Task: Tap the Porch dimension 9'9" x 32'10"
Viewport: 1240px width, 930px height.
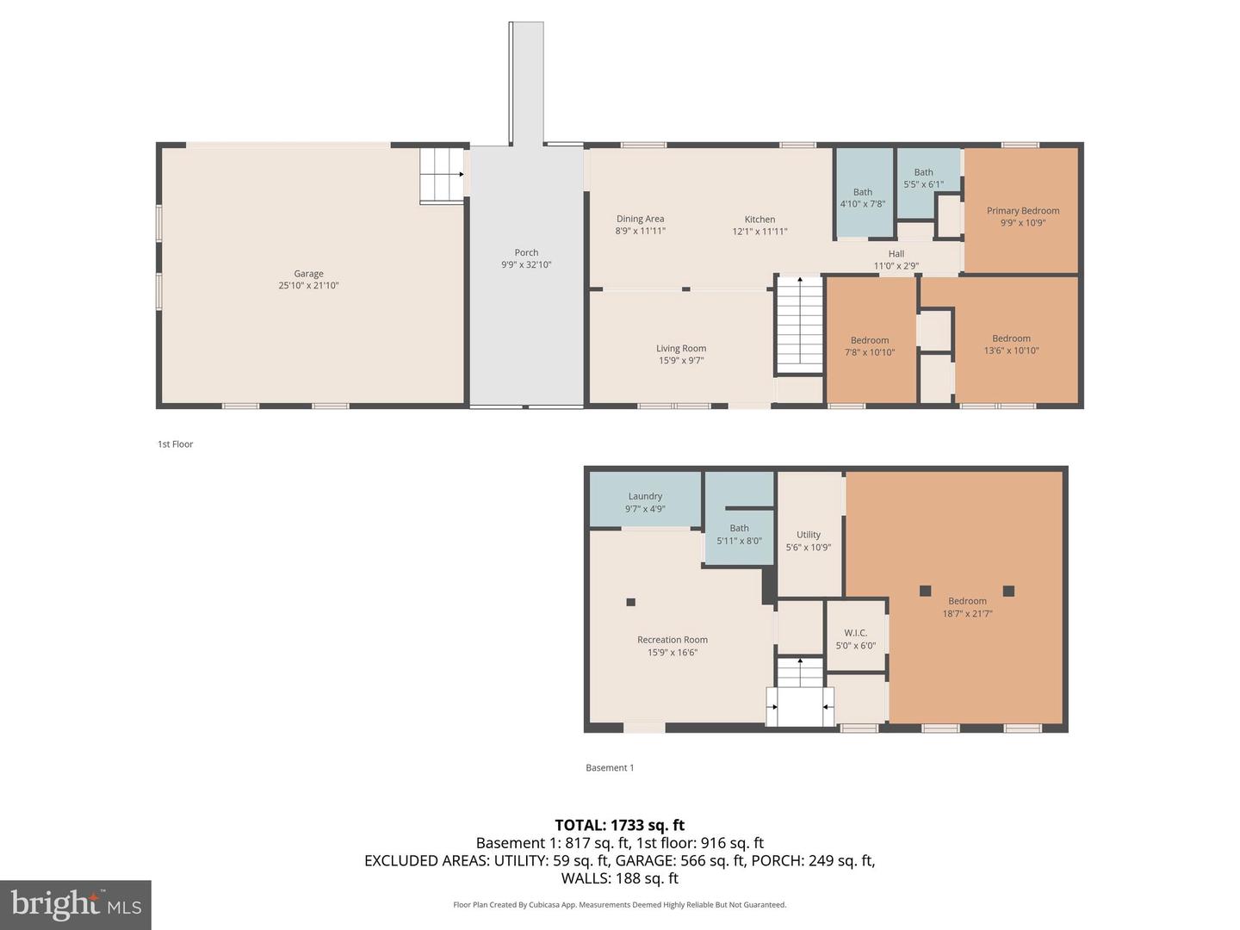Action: pos(526,265)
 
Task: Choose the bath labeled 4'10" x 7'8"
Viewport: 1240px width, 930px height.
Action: pos(862,198)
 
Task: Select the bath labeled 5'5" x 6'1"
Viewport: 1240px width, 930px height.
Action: pos(923,178)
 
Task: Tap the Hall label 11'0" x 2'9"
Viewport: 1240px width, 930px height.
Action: pos(896,260)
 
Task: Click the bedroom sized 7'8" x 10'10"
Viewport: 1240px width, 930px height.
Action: pos(870,346)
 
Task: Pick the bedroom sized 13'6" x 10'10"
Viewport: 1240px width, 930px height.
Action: pos(1011,344)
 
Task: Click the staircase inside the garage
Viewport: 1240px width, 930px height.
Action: pos(442,175)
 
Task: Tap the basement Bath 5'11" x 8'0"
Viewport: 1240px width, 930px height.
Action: pos(739,535)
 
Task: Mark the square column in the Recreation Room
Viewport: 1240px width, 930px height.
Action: pos(630,602)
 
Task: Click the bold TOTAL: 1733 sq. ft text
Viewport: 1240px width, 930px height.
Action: pos(619,825)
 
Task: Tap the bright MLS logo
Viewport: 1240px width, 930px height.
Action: pos(76,904)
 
